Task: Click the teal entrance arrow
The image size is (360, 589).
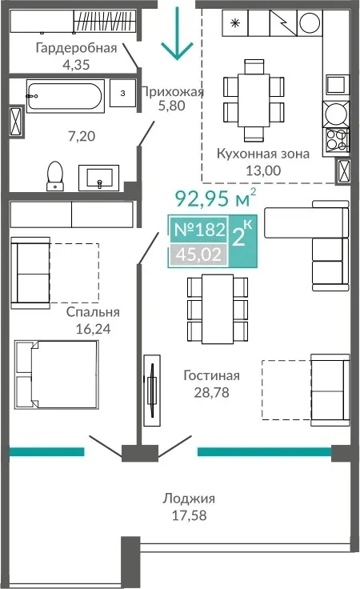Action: [177, 33]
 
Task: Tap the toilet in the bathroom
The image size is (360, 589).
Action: [55, 175]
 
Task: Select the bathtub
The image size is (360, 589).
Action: [66, 96]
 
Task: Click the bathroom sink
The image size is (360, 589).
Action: [98, 178]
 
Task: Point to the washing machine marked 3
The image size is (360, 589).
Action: [122, 93]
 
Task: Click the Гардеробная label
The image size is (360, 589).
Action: [76, 48]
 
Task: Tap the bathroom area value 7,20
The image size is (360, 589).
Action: [82, 136]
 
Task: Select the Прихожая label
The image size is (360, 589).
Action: [172, 92]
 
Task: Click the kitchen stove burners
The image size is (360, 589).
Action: [336, 139]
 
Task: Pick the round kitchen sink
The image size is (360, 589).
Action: [336, 113]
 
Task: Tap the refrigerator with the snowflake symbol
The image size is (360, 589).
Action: [235, 23]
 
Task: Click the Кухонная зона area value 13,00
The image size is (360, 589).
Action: [263, 170]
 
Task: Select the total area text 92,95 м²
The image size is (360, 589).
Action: [216, 198]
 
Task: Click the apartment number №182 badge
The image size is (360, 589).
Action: [200, 229]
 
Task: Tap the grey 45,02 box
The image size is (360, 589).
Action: [199, 254]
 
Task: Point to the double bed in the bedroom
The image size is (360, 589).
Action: [57, 375]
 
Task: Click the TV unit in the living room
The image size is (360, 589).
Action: [152, 391]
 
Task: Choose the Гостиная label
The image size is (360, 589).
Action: [211, 375]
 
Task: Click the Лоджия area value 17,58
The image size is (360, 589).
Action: [189, 515]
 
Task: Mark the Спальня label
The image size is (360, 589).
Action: [93, 312]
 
